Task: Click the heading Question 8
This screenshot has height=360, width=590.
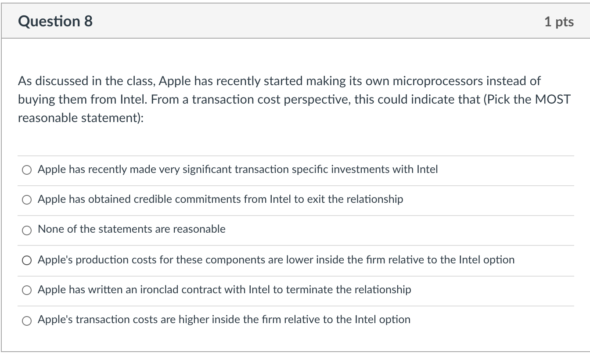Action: [55, 21]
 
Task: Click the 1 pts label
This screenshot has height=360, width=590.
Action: [559, 22]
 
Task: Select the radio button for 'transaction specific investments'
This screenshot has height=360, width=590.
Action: [27, 170]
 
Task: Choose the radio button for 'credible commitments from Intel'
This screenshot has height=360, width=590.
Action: [27, 200]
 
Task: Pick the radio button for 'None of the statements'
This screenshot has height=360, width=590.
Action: [27, 230]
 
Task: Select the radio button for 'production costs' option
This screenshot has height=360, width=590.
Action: [27, 260]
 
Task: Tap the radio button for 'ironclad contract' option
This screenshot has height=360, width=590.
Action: [27, 290]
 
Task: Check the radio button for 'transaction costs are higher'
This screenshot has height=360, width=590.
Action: [27, 320]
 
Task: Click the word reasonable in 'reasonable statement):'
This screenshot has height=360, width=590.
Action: [48, 118]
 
